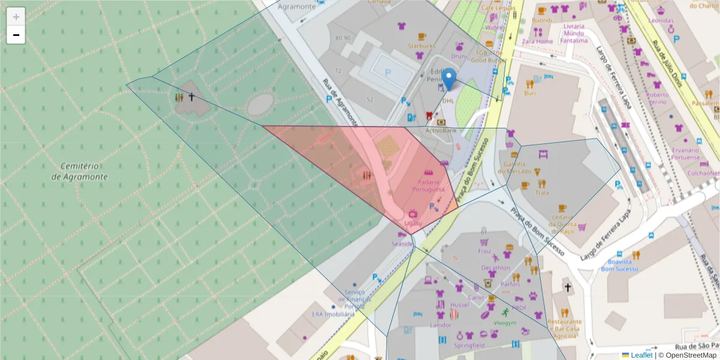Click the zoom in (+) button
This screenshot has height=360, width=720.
(x=16, y=17)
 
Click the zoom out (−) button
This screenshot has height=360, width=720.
(x=16, y=35)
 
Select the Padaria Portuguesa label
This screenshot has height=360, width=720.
(x=428, y=185)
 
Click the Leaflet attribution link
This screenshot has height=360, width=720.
(x=641, y=355)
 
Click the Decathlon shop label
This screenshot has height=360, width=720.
(x=496, y=268)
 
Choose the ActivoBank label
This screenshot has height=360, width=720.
(x=441, y=130)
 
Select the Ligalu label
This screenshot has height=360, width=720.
(x=413, y=223)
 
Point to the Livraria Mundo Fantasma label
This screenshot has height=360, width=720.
(x=575, y=34)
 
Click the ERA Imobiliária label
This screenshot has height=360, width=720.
(x=333, y=314)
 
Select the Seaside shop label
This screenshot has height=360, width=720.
(x=402, y=244)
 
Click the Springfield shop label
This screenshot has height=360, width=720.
(x=469, y=346)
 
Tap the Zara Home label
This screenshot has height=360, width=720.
(x=537, y=41)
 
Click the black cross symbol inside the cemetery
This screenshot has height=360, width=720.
(x=192, y=96)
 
